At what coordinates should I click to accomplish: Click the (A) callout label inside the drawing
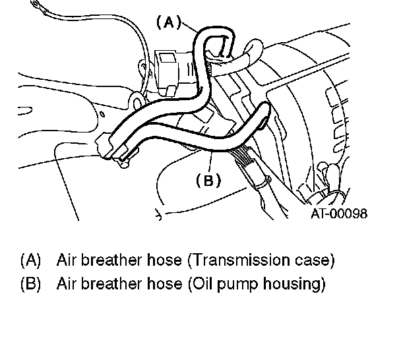168,22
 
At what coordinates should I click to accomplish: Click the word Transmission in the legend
236,260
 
